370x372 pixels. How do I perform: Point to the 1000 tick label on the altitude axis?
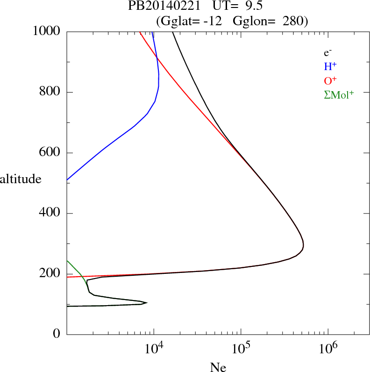coord(47,32)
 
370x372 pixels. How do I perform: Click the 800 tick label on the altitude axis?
coord(50,92)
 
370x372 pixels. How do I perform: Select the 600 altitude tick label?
coord(50,153)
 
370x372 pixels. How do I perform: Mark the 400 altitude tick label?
coord(50,214)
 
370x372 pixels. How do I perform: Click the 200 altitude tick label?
coord(50,274)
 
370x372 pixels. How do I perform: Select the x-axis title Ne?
coord(218,367)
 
